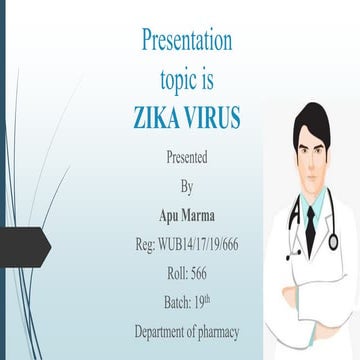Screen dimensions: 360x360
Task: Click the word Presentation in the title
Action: point(187,43)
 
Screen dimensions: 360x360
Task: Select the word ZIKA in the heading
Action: point(158,117)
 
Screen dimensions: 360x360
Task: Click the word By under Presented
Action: point(187,186)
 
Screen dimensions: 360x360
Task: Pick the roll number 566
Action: point(200,272)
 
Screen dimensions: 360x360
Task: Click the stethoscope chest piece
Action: point(333,241)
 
